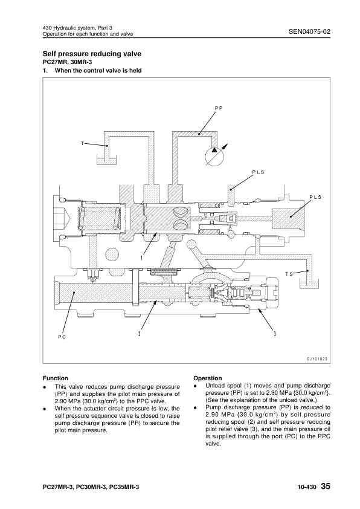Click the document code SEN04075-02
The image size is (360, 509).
(309, 31)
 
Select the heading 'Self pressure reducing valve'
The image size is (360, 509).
(92, 54)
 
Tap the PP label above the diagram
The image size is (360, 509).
(219, 108)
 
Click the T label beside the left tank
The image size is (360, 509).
(82, 143)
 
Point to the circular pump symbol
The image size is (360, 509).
(214, 156)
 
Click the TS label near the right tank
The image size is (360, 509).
(289, 274)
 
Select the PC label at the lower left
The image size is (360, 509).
(62, 337)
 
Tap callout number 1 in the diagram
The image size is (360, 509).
(142, 258)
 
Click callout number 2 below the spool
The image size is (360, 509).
(139, 334)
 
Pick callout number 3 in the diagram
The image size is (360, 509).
(275, 334)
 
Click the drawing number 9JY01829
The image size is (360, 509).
(318, 359)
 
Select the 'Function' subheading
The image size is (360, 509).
(56, 378)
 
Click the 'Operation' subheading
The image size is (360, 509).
(208, 378)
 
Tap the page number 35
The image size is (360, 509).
(326, 486)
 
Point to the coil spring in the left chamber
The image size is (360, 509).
(99, 217)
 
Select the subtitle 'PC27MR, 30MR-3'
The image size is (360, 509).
(67, 62)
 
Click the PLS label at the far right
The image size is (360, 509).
(315, 197)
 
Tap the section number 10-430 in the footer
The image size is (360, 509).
(307, 487)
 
